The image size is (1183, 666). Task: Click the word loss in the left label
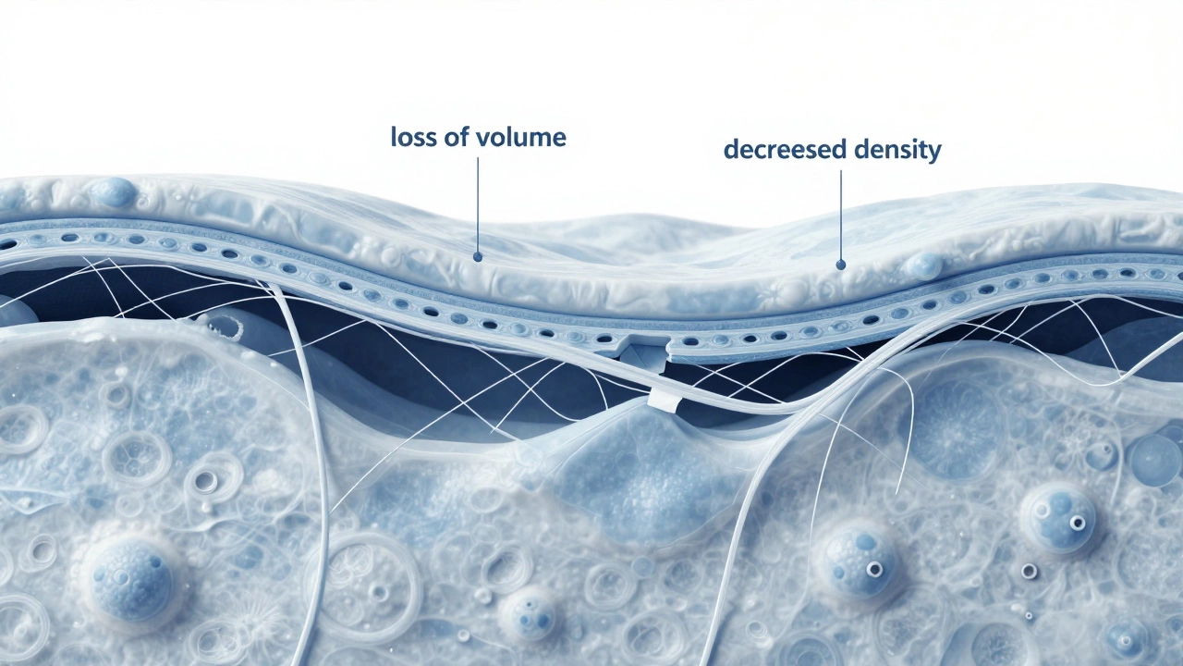(x=412, y=137)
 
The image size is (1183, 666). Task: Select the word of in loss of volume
(x=456, y=137)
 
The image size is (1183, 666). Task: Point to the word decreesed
(x=786, y=150)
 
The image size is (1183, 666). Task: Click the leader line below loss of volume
(x=478, y=205)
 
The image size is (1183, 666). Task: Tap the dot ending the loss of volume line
(x=478, y=257)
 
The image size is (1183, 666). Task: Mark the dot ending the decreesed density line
(x=841, y=265)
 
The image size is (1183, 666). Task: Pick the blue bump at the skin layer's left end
(x=115, y=191)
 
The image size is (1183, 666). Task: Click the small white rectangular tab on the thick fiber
(x=664, y=401)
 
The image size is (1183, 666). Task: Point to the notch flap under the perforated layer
(x=645, y=352)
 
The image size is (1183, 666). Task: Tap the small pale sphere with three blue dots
(x=529, y=615)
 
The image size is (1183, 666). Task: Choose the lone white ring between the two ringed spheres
(x=1029, y=571)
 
